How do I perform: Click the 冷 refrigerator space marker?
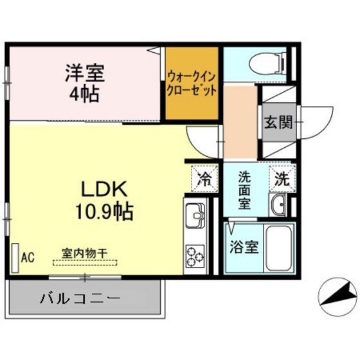(204, 178)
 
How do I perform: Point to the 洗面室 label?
(244, 190)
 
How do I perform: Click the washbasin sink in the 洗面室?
(279, 206)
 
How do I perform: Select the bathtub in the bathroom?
(280, 249)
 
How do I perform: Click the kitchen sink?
(194, 219)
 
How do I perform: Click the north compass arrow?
(339, 298)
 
